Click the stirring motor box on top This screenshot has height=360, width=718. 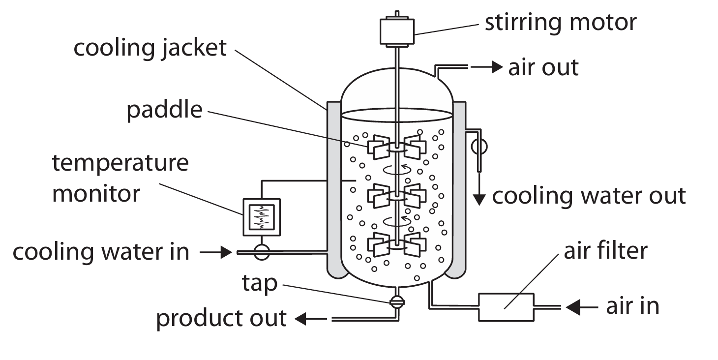tap(396, 31)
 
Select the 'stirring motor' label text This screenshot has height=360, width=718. tap(561, 23)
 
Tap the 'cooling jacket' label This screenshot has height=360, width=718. tap(150, 48)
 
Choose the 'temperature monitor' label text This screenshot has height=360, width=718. tap(120, 178)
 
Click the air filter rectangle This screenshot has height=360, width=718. tap(506, 307)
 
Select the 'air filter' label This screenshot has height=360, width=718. tap(605, 251)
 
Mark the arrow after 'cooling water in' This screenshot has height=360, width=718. tap(216, 253)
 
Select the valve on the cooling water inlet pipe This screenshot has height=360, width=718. tap(261, 253)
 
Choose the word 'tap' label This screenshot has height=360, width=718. tap(259, 283)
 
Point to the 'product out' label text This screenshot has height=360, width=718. tap(221, 318)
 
